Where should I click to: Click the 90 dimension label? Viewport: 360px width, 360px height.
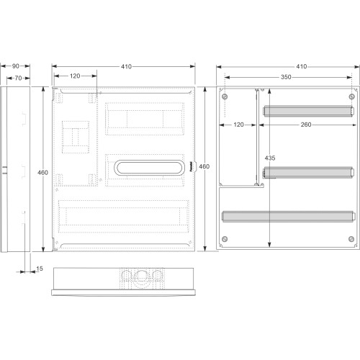pyautogui.click(x=16, y=66)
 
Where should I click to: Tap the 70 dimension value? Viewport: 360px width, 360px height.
pyautogui.click(x=18, y=78)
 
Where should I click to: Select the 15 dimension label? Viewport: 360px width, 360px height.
pyautogui.click(x=40, y=269)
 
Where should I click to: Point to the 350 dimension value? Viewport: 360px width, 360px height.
pyautogui.click(x=286, y=77)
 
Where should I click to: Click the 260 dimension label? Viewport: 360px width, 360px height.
pyautogui.click(x=306, y=125)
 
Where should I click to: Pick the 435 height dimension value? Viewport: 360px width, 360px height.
pyautogui.click(x=270, y=158)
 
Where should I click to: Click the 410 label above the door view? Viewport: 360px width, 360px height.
pyautogui.click(x=126, y=66)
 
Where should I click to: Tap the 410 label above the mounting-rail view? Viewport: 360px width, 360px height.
pyautogui.click(x=302, y=66)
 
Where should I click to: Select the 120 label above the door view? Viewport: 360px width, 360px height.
pyautogui.click(x=75, y=76)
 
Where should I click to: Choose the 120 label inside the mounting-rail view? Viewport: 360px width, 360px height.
pyautogui.click(x=238, y=125)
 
